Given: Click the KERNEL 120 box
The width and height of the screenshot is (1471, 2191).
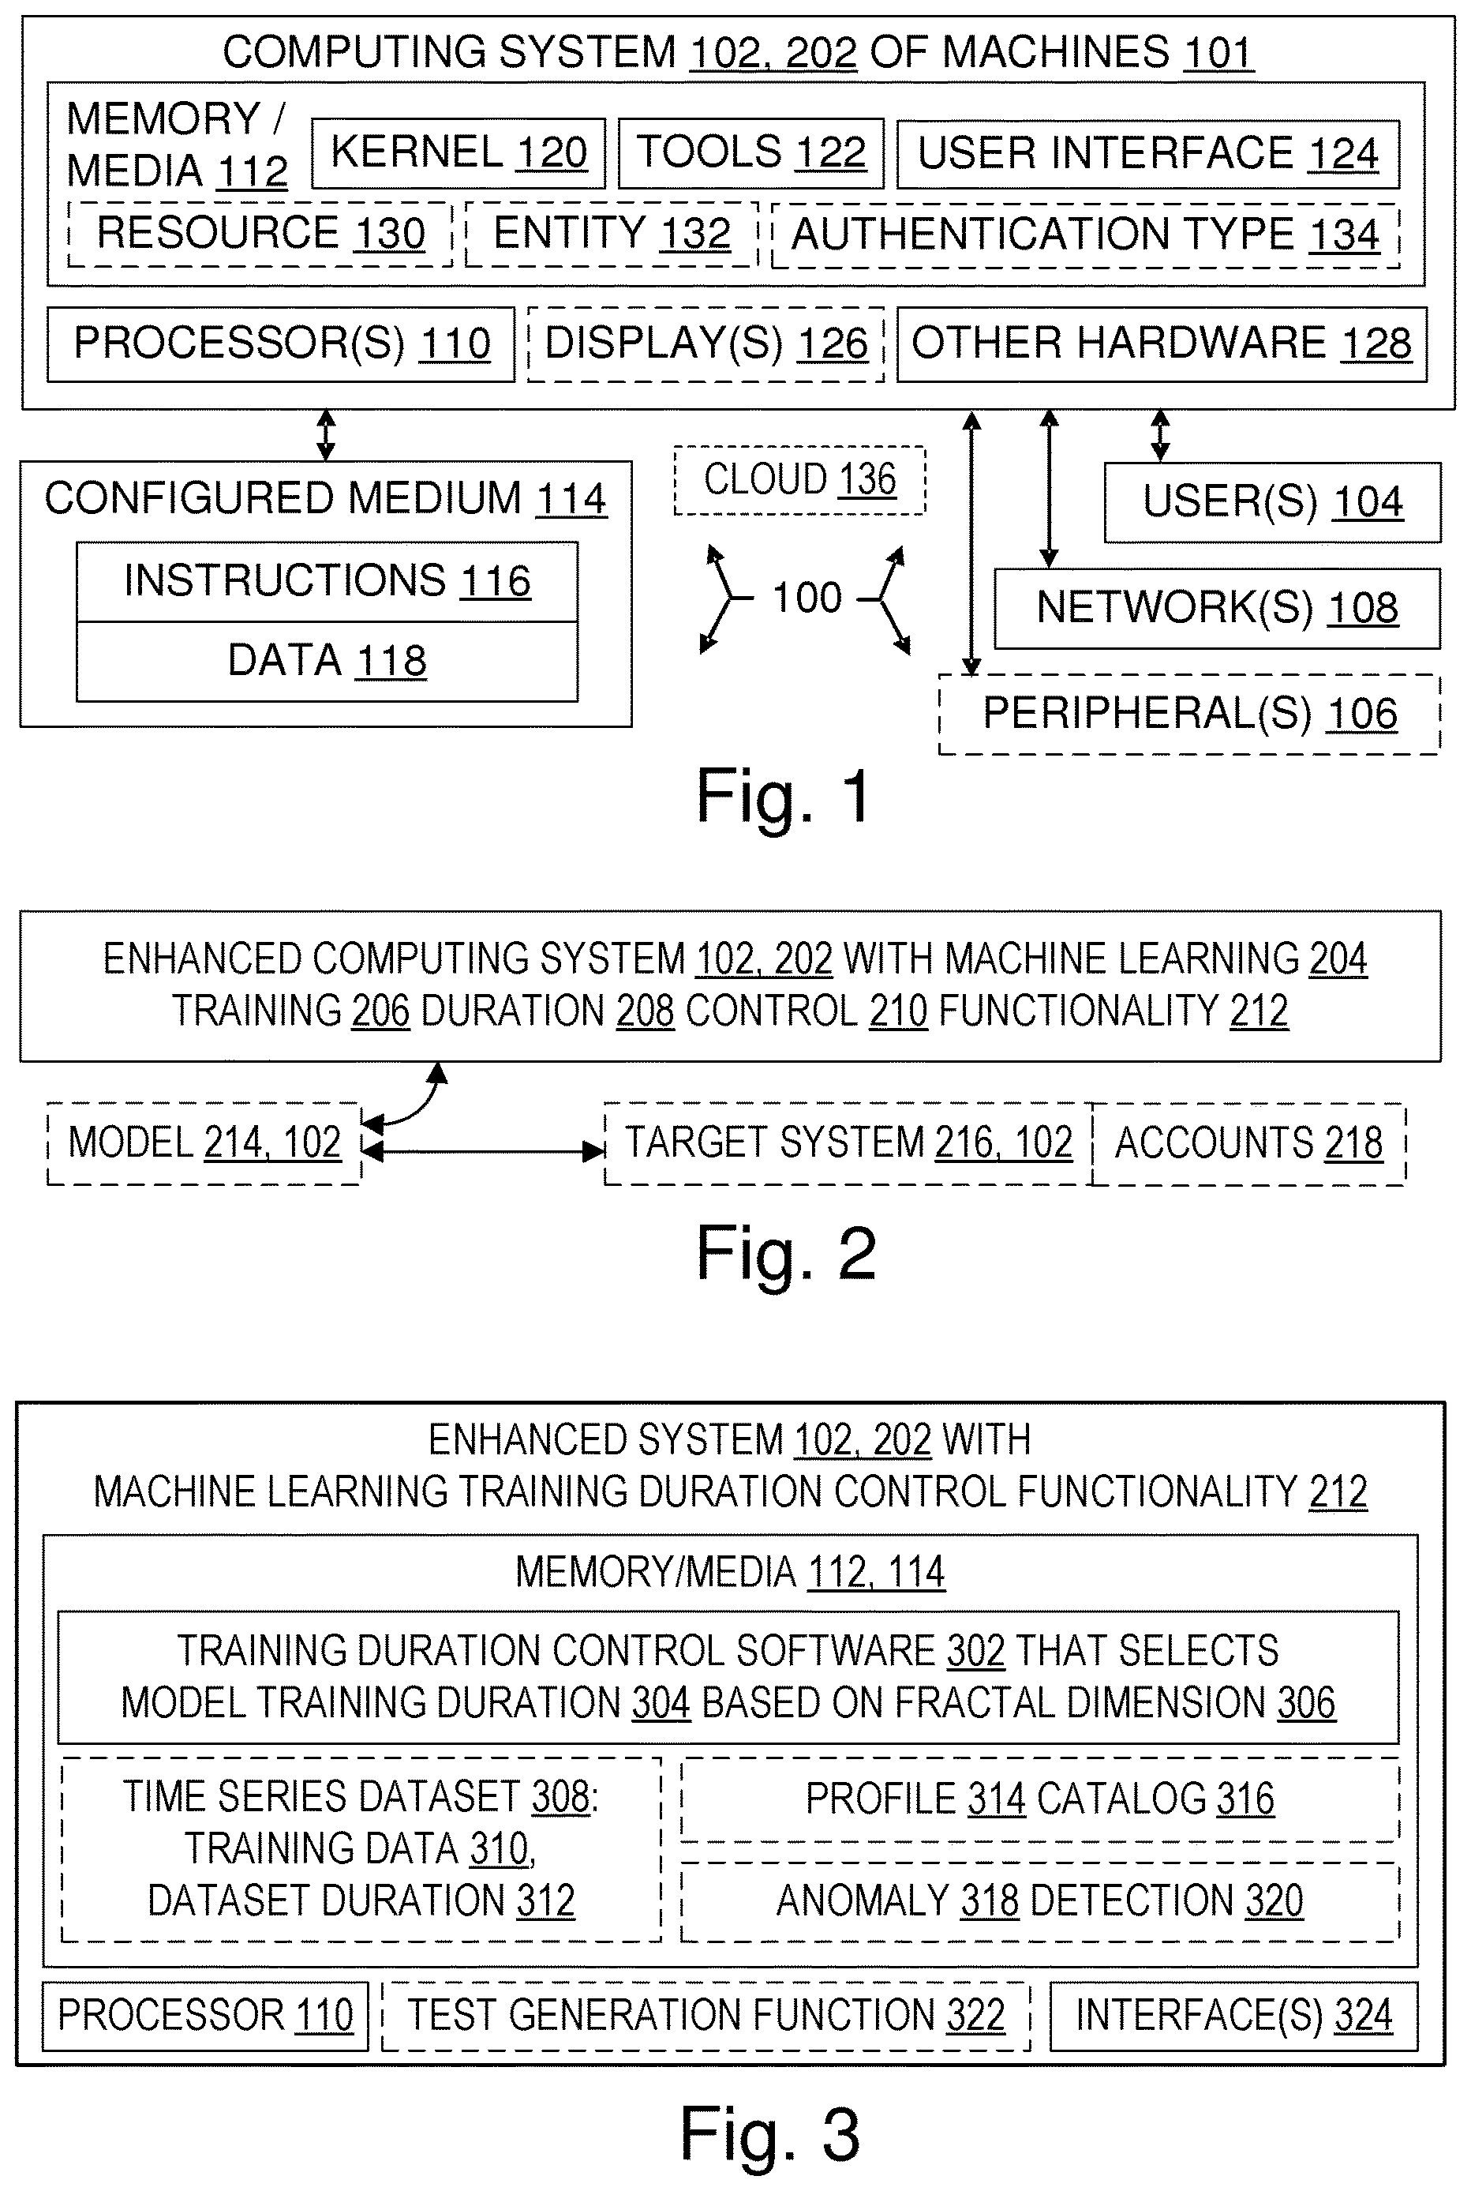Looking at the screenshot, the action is coord(459,153).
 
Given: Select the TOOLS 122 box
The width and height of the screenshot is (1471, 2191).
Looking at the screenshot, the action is coord(750,153).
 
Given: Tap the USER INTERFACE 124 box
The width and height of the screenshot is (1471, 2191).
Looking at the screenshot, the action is coord(1148,154).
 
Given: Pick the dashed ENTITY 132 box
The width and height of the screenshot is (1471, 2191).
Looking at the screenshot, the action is coord(612,234).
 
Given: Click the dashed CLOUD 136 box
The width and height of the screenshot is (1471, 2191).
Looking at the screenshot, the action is coord(800,480).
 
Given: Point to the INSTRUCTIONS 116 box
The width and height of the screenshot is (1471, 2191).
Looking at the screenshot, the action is coord(328,581).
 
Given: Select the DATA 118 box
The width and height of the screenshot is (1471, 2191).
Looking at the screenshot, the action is coord(328,661).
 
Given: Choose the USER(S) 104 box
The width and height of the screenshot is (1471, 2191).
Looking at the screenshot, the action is coord(1272,502).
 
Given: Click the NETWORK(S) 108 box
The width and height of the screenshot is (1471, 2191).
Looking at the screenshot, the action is coord(1217,608).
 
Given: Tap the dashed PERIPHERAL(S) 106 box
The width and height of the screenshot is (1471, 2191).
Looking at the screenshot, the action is coord(1189,714).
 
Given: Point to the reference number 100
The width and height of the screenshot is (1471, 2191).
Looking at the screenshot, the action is coord(807,598).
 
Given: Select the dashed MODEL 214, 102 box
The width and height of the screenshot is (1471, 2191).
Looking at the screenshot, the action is coord(204,1144).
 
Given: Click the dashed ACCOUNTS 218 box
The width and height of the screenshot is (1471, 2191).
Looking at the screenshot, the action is coord(1248,1144).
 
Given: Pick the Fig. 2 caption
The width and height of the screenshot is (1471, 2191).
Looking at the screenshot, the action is coord(786,1255).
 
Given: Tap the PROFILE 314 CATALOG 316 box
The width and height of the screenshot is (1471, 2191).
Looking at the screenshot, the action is coord(1039,1799).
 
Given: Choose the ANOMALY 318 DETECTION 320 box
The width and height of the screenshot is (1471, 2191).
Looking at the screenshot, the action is coord(1039,1901).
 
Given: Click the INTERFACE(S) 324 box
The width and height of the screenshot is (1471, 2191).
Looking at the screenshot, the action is coord(1233,2016).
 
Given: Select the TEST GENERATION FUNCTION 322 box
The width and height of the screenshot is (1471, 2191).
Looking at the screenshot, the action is coord(706,2016).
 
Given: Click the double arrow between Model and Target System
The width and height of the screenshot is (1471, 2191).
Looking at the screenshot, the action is coord(483,1150).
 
